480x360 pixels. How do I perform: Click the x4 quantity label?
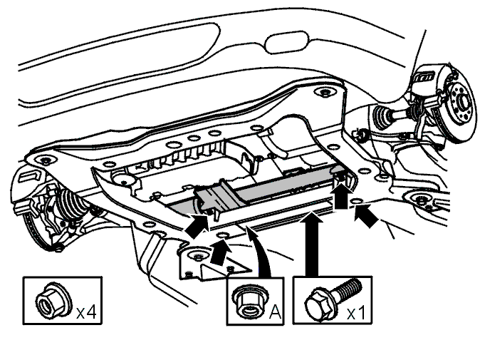[86, 312]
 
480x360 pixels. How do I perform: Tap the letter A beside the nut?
[275, 312]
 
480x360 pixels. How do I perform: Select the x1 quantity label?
[357, 313]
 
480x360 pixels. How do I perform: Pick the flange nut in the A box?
[249, 302]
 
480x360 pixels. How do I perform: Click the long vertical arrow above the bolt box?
[312, 245]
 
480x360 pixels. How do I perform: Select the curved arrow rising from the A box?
[260, 251]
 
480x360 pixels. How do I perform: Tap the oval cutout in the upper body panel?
[286, 43]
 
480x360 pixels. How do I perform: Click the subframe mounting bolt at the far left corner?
[45, 160]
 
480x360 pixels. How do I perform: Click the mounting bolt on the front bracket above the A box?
[197, 255]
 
